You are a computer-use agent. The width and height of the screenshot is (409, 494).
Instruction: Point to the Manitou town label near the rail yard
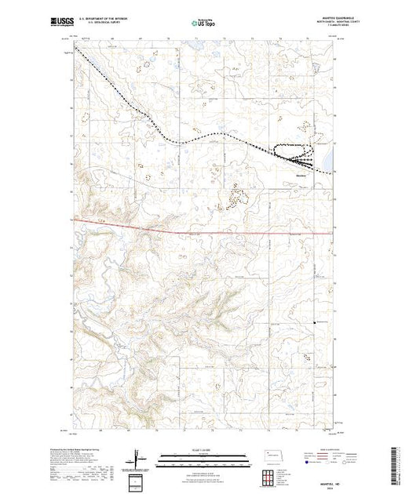pyautogui.click(x=300, y=174)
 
